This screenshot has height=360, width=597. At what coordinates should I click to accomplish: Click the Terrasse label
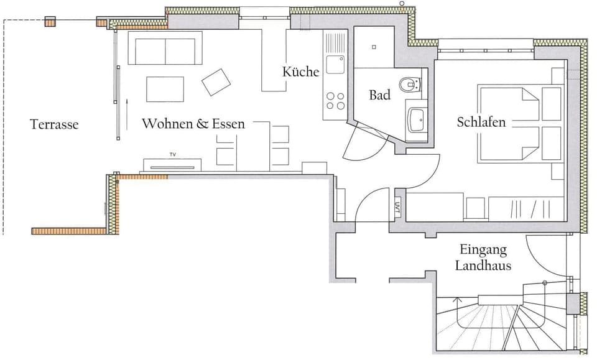[54, 124]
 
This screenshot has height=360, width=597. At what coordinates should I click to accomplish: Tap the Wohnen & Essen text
[193, 124]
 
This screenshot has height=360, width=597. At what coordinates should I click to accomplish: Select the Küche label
[300, 72]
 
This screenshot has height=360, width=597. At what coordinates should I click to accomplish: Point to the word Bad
[379, 95]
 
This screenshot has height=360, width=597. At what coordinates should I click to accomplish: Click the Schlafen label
[481, 122]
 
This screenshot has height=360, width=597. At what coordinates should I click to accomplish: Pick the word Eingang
[483, 250]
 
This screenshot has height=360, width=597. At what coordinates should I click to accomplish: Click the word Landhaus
[483, 265]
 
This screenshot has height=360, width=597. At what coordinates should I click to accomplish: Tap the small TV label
[172, 154]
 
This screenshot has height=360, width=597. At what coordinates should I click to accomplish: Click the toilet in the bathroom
[410, 83]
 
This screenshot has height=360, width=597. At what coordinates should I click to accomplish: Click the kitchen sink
[335, 63]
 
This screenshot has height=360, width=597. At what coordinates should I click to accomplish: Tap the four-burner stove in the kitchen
[335, 101]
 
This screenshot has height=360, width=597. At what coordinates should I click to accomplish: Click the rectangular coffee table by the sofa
[165, 89]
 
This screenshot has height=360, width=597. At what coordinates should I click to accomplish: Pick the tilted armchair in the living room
[216, 82]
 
